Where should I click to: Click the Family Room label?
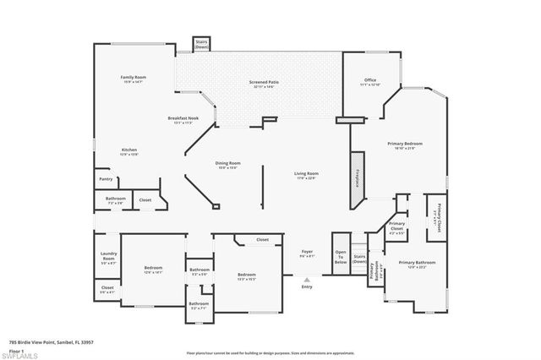coord(133,78)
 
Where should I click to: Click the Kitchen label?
coord(129,151)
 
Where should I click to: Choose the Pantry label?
coord(106,179)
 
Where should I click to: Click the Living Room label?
coord(307,174)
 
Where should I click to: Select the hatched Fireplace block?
coord(357,179)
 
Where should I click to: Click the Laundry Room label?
coord(107,258)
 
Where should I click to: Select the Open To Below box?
coord(341,258)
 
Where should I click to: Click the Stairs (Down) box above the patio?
coord(201,45)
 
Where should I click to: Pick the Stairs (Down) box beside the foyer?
coord(359,259)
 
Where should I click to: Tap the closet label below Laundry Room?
coord(107,288)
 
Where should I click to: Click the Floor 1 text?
coord(17,347)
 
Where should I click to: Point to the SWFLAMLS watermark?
coord(19,355)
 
